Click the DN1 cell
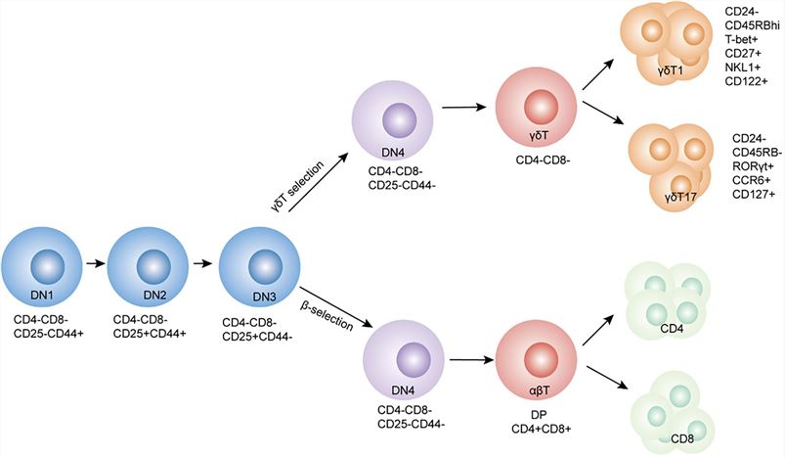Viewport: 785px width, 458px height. point(45,265)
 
